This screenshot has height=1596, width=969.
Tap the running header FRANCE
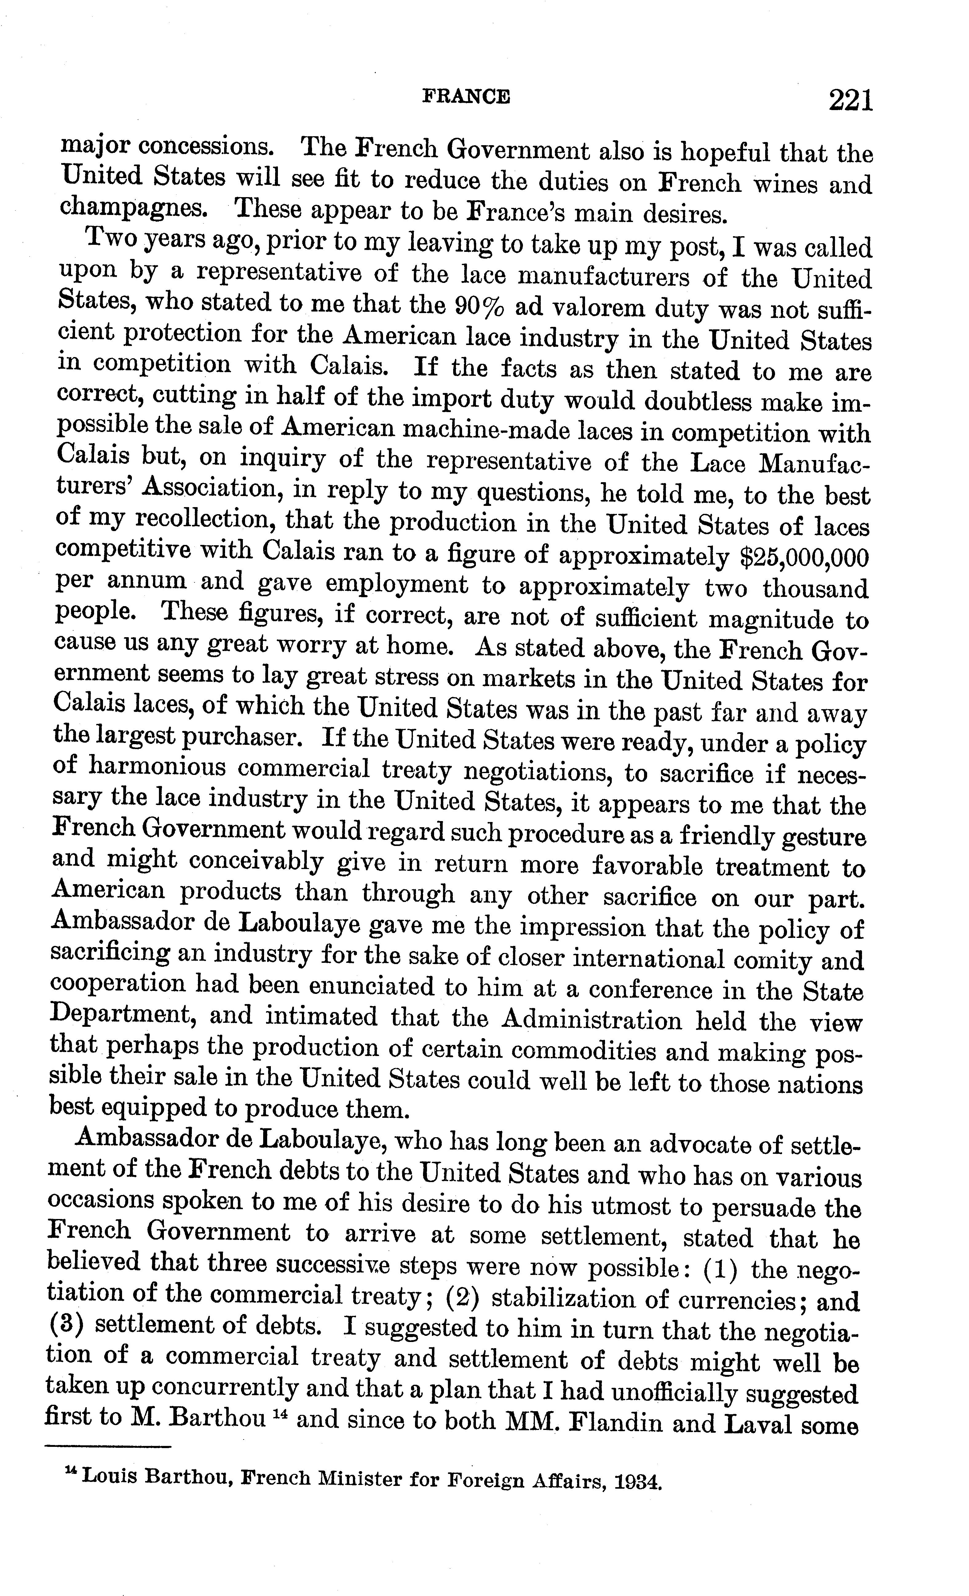point(466,97)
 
